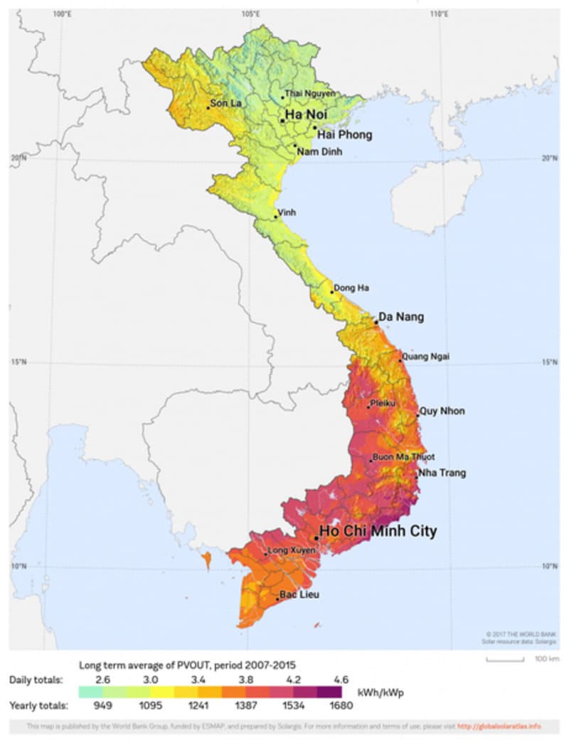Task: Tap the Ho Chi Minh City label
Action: pyautogui.click(x=378, y=531)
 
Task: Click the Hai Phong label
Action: pyautogui.click(x=344, y=134)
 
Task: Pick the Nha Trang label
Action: pyautogui.click(x=442, y=473)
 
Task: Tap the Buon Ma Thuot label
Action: pyautogui.click(x=403, y=457)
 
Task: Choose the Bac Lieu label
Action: pyautogui.click(x=299, y=595)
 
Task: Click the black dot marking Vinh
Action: pyautogui.click(x=277, y=217)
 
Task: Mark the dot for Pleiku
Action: pyautogui.click(x=368, y=407)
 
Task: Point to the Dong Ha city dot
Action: pyautogui.click(x=331, y=292)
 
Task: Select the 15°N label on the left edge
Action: pyautogui.click(x=18, y=362)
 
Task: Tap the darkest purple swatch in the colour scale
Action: pyautogui.click(x=329, y=692)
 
